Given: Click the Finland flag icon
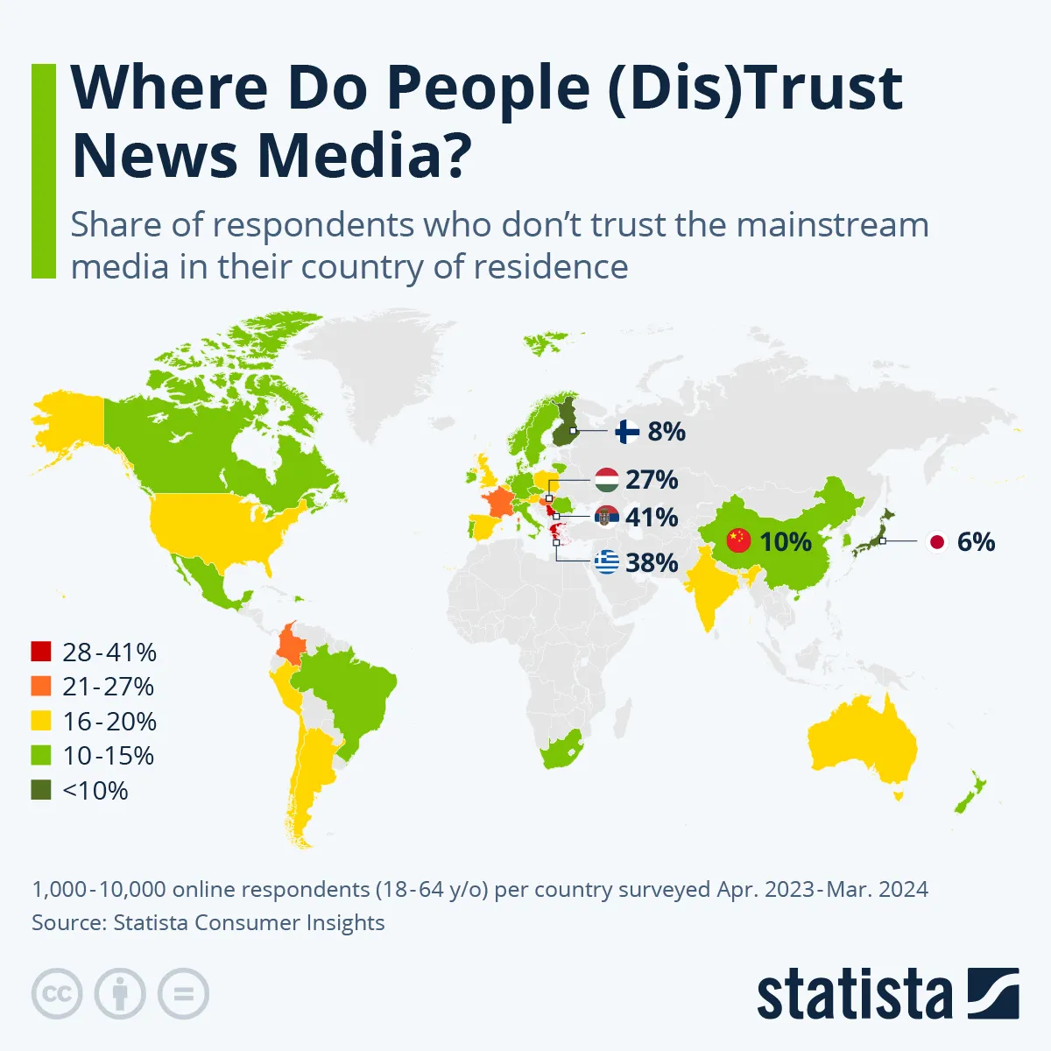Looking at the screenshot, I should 627,432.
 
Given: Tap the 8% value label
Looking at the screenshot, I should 667,432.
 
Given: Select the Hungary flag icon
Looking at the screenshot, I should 606,480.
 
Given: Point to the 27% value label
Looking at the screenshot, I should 652,480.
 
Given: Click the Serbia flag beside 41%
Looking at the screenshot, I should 606,518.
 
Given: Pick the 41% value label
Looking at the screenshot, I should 652,518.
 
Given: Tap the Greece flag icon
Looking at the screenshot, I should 606,562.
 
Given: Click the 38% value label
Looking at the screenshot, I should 652,562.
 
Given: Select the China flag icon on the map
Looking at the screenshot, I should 739,540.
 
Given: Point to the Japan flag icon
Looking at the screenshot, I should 937,542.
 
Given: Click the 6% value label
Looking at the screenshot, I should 976,542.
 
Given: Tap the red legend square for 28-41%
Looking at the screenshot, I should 41,652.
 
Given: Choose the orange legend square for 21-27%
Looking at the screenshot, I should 41,687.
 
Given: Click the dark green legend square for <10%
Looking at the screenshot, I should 41,790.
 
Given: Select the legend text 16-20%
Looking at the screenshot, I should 109,722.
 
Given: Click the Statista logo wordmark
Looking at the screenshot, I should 854,995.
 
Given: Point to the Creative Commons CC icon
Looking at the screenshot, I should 57,994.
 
